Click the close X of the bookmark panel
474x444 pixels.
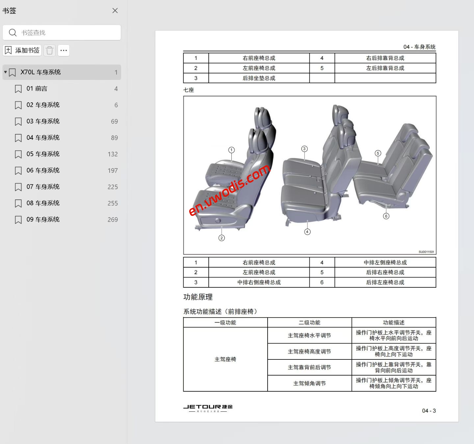(x=115, y=11)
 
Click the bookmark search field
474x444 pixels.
(x=66, y=33)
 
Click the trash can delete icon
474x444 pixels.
(x=50, y=50)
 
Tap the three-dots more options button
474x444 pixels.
(x=64, y=50)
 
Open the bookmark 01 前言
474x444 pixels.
(x=37, y=89)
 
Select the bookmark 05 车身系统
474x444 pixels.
(x=43, y=154)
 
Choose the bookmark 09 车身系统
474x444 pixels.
(x=43, y=220)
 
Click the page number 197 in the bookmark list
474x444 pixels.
(x=113, y=170)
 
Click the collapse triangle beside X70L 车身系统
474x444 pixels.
(x=6, y=72)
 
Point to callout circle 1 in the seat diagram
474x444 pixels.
(x=231, y=150)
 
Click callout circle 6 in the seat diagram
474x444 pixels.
(x=386, y=216)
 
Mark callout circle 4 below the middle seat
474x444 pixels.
(x=307, y=232)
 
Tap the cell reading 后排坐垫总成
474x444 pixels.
(x=259, y=78)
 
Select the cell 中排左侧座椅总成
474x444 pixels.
(x=385, y=262)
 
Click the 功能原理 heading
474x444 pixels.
(x=198, y=297)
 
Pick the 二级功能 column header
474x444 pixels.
(x=309, y=323)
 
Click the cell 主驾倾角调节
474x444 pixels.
(x=309, y=383)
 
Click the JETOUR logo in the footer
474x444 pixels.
(x=208, y=407)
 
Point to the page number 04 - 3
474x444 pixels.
(x=429, y=411)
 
